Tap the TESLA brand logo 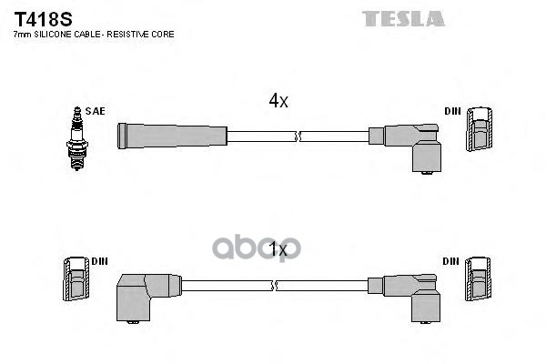[x=403, y=18]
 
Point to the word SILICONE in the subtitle [x=56, y=34]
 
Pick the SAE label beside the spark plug [x=97, y=111]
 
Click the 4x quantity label [x=278, y=102]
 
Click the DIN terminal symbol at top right [x=478, y=129]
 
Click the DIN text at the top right [x=453, y=111]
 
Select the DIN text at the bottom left [x=100, y=261]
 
